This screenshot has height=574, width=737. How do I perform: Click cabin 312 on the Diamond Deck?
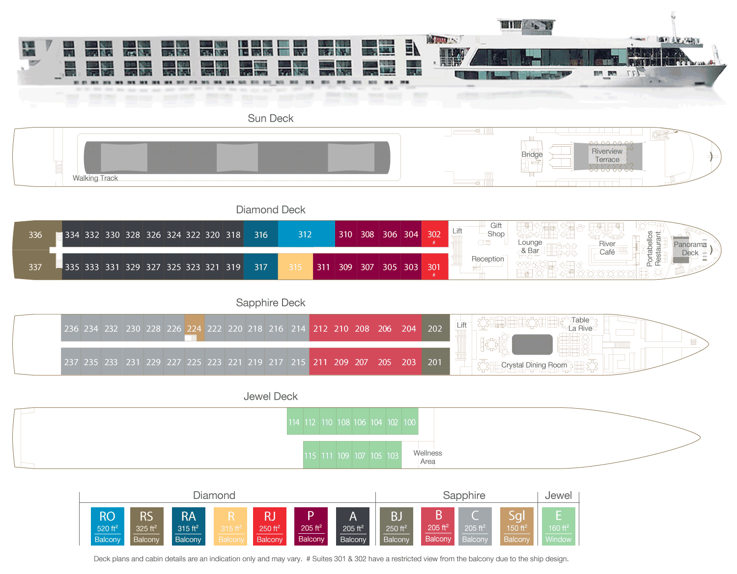(x=305, y=235)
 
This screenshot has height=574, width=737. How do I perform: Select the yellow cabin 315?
(x=295, y=267)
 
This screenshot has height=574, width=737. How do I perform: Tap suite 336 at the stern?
(x=35, y=235)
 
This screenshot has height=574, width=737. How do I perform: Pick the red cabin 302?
(x=434, y=235)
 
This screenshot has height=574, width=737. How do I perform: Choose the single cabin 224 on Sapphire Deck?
(x=194, y=329)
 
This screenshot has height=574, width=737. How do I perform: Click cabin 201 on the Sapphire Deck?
(x=435, y=362)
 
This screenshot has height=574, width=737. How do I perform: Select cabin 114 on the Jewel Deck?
(x=294, y=422)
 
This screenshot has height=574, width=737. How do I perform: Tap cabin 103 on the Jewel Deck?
(x=393, y=455)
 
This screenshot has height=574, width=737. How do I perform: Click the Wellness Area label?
(x=427, y=457)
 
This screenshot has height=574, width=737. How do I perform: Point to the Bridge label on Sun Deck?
(x=532, y=155)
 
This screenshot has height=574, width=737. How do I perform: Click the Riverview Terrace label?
(x=607, y=156)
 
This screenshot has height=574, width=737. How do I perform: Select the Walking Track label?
(x=95, y=178)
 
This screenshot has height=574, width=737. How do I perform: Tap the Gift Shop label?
(x=496, y=230)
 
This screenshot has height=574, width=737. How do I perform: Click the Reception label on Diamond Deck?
(x=488, y=259)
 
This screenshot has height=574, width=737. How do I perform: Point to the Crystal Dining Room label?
(x=534, y=365)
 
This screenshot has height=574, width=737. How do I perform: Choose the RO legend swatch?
(x=108, y=526)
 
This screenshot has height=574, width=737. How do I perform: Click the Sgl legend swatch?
(x=517, y=526)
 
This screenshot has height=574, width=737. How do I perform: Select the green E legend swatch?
(x=559, y=526)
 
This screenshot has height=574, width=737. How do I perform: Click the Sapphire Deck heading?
(x=271, y=303)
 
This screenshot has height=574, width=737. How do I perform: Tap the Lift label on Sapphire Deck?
(x=462, y=325)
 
